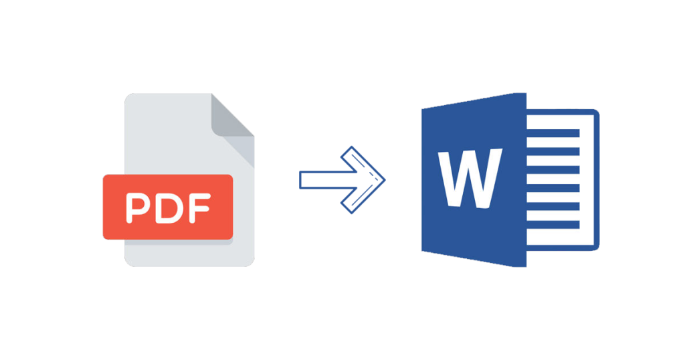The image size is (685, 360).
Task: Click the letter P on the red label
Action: pyautogui.click(x=138, y=208)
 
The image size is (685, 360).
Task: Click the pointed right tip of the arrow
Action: pyautogui.click(x=385, y=179)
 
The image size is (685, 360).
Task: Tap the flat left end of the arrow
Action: pyautogui.click(x=300, y=180)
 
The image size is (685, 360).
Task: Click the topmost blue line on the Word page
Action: pyautogui.click(x=553, y=133)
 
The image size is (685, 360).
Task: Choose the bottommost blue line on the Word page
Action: pyautogui.click(x=553, y=225)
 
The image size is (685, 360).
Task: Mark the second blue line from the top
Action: pyautogui.click(x=553, y=152)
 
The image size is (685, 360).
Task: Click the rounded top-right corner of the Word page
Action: pyautogui.click(x=597, y=112)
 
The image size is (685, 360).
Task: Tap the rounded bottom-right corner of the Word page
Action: pyautogui.click(x=597, y=248)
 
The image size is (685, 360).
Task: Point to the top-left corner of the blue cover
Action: pyautogui.click(x=423, y=109)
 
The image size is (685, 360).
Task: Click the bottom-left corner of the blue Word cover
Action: pyautogui.click(x=423, y=250)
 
